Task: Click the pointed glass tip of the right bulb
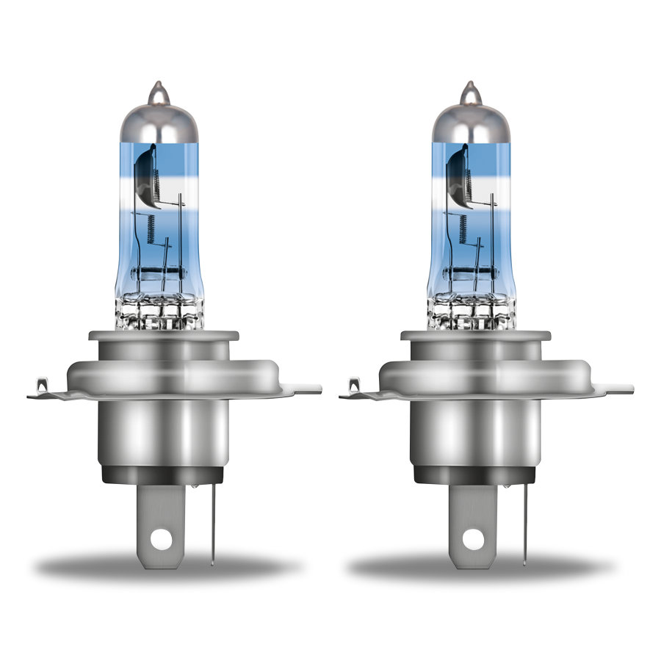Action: (x=469, y=91)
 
